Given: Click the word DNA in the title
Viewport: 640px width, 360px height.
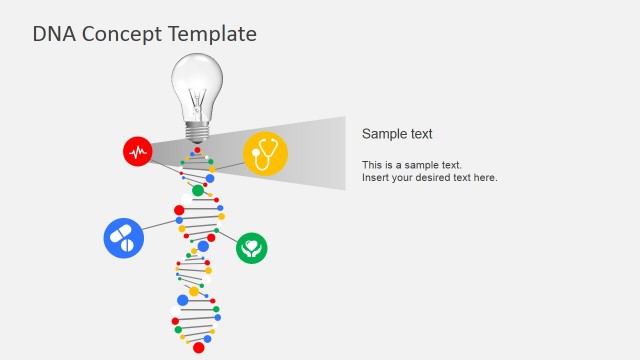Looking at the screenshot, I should click(x=52, y=34).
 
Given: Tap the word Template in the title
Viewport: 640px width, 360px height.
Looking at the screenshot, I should click(x=211, y=34).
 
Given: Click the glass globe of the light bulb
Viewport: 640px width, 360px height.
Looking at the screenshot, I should click(x=197, y=80).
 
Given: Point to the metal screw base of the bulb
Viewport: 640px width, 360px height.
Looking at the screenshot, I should click(x=197, y=129).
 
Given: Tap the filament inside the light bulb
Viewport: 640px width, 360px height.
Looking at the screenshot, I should click(x=197, y=97).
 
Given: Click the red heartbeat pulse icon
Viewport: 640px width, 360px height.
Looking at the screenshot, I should click(x=137, y=151).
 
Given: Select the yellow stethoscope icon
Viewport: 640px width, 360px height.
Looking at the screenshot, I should click(x=265, y=153).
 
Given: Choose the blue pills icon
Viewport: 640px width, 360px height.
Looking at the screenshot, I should click(x=123, y=238).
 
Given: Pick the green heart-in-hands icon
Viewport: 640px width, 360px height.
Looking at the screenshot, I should click(x=252, y=247).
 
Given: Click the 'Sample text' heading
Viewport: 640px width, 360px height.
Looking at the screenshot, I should click(x=397, y=134).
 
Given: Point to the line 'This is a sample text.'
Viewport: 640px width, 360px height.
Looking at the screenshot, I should click(x=412, y=165).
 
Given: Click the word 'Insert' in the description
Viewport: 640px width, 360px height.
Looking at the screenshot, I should click(x=376, y=178).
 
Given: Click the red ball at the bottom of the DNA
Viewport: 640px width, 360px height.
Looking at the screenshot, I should click(x=198, y=349).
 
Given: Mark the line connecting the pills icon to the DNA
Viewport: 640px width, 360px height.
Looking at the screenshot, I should click(x=161, y=226).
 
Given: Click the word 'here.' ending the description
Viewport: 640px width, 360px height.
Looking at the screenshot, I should click(x=485, y=178).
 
